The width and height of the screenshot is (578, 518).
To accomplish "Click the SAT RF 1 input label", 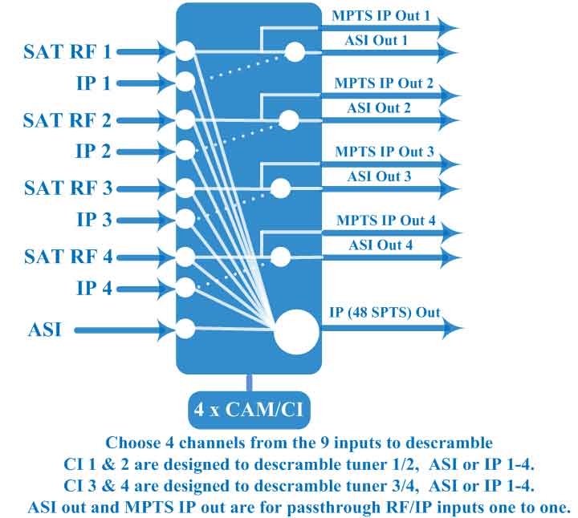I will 68,53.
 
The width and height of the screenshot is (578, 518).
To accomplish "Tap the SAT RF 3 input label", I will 68,189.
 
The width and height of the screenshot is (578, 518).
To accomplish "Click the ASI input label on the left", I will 46,330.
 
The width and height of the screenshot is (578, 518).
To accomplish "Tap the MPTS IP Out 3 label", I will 385,152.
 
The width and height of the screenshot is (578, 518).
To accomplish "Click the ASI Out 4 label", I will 381,245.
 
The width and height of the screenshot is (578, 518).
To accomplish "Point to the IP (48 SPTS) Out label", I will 385,312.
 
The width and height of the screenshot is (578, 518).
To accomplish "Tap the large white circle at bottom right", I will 296,331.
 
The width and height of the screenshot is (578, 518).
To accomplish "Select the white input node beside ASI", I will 185,329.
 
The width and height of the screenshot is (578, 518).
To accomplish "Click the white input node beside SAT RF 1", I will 185,51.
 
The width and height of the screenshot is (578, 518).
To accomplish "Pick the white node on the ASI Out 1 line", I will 295,53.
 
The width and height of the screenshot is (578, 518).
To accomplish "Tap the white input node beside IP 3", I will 185,218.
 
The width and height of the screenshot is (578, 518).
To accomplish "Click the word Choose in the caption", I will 133,442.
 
